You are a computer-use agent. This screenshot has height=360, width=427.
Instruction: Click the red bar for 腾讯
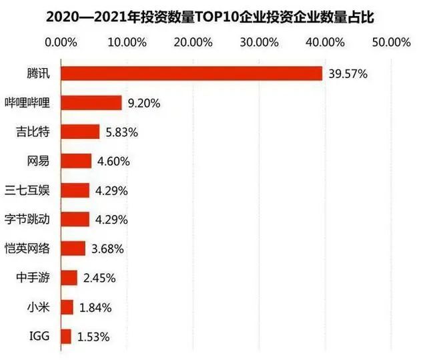click(x=191, y=73)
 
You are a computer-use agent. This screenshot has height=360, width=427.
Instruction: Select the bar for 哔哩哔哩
click(x=91, y=103)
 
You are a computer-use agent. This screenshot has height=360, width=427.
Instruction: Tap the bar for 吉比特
click(x=80, y=132)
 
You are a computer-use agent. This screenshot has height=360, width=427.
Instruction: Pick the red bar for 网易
click(x=76, y=161)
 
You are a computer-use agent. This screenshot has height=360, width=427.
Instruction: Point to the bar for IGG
click(x=66, y=337)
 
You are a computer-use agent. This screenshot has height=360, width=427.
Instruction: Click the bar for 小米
click(x=67, y=307)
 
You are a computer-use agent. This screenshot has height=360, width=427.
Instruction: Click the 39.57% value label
click(x=348, y=74)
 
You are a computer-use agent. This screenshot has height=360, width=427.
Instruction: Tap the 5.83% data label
click(x=121, y=132)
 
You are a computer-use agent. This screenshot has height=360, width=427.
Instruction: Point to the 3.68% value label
click(x=107, y=249)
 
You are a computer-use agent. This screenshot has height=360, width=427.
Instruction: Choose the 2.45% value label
click(x=99, y=279)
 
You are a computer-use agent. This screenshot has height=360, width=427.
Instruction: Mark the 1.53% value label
click(x=93, y=337)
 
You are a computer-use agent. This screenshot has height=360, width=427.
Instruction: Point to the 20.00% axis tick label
click(x=193, y=43)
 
